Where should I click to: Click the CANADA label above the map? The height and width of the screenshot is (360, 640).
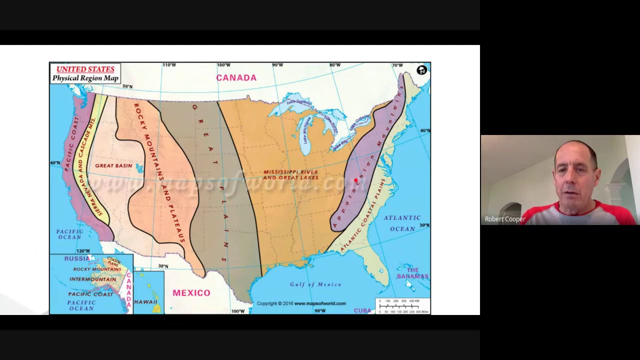236,77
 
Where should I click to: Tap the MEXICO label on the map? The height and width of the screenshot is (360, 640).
191,293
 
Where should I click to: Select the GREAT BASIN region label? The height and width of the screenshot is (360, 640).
113,165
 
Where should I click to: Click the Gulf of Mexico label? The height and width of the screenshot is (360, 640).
315,284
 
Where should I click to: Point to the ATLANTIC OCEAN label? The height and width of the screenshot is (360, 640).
402,223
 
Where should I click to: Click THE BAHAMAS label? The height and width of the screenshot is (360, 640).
412,273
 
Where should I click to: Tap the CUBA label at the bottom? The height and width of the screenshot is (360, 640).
362,310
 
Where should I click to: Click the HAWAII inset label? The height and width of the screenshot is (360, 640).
145,302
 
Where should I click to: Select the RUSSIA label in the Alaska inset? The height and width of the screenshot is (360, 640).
77,258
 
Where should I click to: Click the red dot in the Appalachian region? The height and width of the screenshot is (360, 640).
356,180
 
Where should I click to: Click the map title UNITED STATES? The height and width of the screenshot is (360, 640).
85,69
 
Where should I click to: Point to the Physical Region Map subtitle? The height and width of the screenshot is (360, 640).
85,78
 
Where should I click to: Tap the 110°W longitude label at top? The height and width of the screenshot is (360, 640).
169,65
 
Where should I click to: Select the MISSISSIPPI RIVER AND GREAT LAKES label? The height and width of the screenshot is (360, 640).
291,174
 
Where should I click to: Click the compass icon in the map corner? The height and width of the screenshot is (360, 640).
421,70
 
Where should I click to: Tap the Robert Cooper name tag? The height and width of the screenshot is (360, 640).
505,219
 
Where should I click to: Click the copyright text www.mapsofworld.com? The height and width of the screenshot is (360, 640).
301,303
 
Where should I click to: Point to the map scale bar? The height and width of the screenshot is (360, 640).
403,306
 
